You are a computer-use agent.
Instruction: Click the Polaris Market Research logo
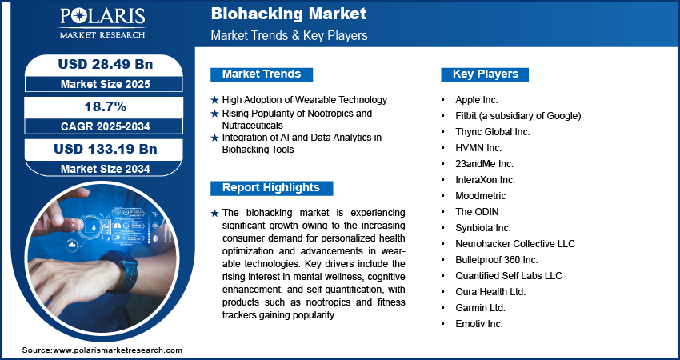(102, 22)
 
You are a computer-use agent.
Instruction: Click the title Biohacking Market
(288, 14)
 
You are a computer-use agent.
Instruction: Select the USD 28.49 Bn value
(106, 64)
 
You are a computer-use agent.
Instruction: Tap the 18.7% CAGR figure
(105, 106)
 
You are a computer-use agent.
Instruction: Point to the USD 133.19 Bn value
(106, 149)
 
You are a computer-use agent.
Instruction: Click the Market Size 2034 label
(106, 169)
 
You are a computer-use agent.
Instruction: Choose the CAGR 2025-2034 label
(106, 126)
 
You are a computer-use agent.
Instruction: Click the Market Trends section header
(262, 74)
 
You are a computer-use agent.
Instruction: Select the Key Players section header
(486, 74)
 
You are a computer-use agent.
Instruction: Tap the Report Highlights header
(271, 188)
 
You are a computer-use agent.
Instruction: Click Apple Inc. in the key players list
(477, 100)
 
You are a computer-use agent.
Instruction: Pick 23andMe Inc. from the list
(485, 164)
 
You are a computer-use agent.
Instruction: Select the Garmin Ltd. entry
(481, 308)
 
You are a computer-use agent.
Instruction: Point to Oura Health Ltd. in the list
(490, 292)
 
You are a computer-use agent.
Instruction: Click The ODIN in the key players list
(477, 212)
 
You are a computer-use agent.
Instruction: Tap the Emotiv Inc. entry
(479, 324)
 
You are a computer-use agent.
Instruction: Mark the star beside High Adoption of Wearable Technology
(214, 100)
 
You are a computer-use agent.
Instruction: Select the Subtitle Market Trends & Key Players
(289, 35)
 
